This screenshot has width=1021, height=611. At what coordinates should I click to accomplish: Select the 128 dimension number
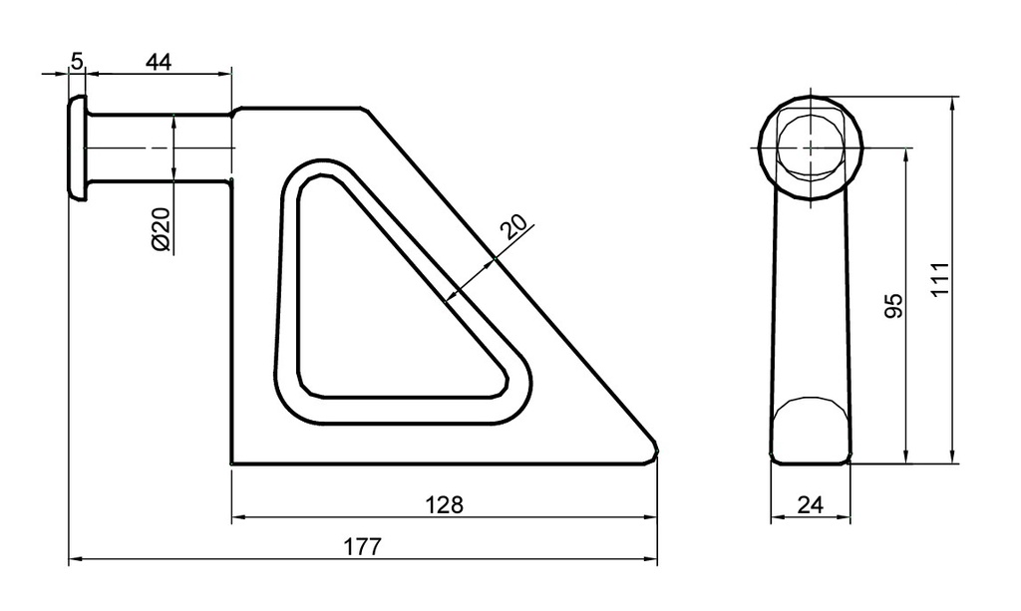pos(444,504)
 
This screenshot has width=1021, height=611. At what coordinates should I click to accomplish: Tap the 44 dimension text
pos(159,62)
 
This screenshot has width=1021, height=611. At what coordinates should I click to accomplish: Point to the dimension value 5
pos(77,62)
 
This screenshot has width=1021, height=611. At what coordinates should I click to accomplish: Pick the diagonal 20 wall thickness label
pos(512,227)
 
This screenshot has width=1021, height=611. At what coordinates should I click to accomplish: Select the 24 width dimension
pos(811,505)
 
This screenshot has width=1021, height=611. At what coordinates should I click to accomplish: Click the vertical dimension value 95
pos(894,306)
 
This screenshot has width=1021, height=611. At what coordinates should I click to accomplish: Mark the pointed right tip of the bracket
pos(655,450)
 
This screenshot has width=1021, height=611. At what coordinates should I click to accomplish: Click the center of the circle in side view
pos(811,148)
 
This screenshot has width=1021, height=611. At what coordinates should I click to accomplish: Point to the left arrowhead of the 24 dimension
pos(776,518)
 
